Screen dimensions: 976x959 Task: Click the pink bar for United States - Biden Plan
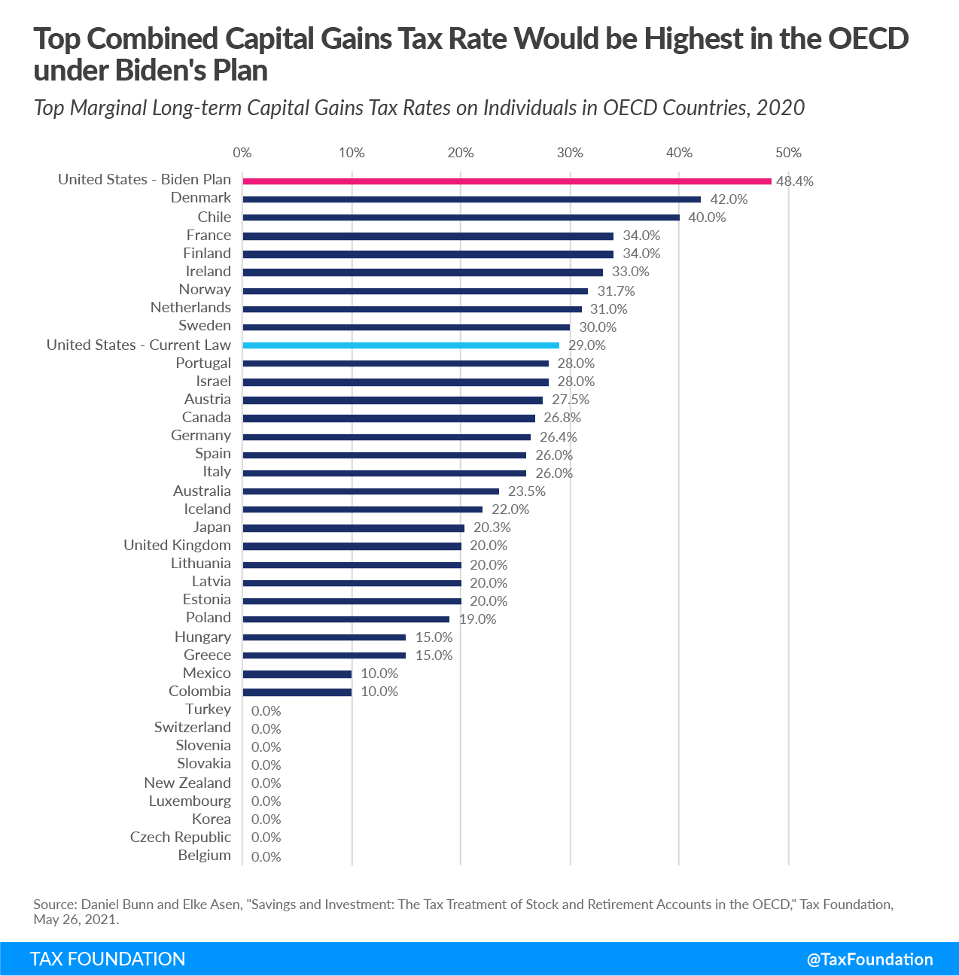[507, 181]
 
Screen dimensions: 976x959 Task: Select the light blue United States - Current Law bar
[400, 345]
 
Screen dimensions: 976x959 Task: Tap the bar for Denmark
[471, 199]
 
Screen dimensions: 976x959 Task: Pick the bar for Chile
[461, 217]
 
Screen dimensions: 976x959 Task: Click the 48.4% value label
[795, 181]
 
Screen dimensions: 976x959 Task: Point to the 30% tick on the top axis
[570, 153]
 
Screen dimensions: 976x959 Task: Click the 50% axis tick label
[788, 153]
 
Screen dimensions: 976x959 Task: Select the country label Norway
[205, 290]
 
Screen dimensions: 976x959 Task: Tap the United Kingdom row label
[177, 546]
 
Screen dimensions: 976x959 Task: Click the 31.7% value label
[616, 291]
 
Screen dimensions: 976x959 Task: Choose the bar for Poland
[346, 619]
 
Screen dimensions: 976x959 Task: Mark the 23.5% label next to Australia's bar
[527, 491]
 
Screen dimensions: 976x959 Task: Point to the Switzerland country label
[193, 728]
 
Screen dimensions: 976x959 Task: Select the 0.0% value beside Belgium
[266, 857]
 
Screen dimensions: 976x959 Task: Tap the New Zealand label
[187, 783]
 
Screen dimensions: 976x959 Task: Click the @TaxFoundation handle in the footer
[869, 959]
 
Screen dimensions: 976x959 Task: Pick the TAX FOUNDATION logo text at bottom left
[108, 959]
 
